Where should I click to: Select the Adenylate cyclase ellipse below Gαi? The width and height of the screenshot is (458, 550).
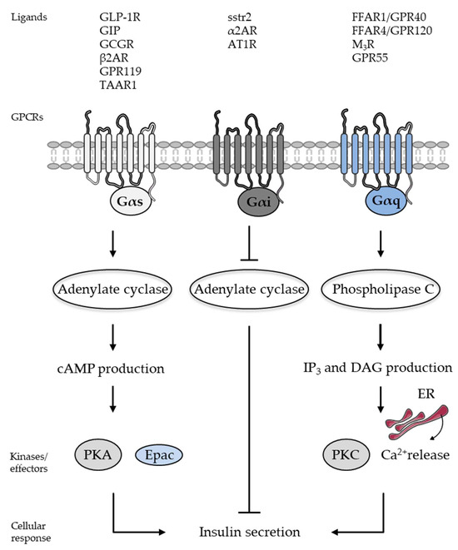250,290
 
